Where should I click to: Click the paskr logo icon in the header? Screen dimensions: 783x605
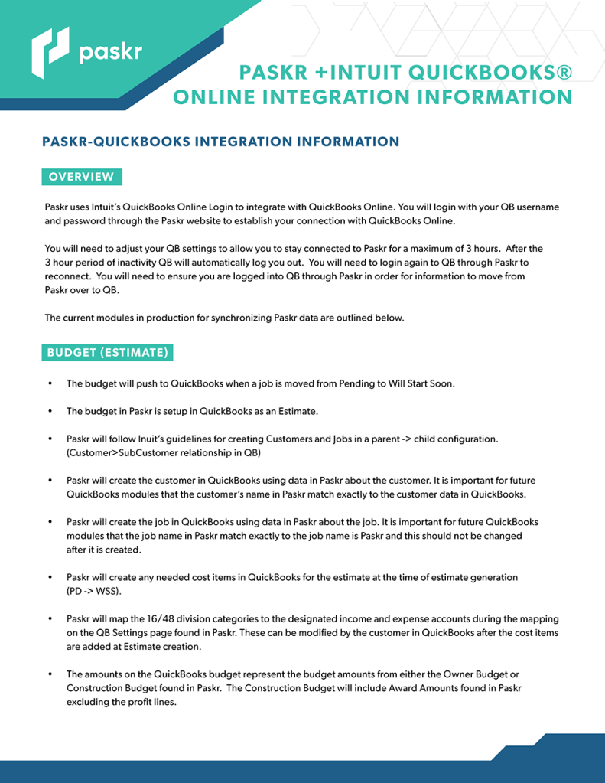tap(50, 52)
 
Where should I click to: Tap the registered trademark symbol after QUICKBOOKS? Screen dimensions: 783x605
tap(564, 73)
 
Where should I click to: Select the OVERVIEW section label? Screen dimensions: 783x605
tap(81, 177)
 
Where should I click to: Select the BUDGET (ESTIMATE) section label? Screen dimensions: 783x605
tap(107, 353)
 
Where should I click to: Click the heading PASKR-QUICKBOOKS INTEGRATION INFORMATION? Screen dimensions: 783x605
tap(220, 142)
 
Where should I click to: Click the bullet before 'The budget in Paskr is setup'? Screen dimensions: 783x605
tap(50, 411)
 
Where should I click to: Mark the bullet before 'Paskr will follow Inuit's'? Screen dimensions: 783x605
tap(50, 439)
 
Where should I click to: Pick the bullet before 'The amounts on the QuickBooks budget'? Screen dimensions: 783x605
tap(50, 674)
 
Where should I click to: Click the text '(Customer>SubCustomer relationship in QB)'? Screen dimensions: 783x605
tap(164, 453)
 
